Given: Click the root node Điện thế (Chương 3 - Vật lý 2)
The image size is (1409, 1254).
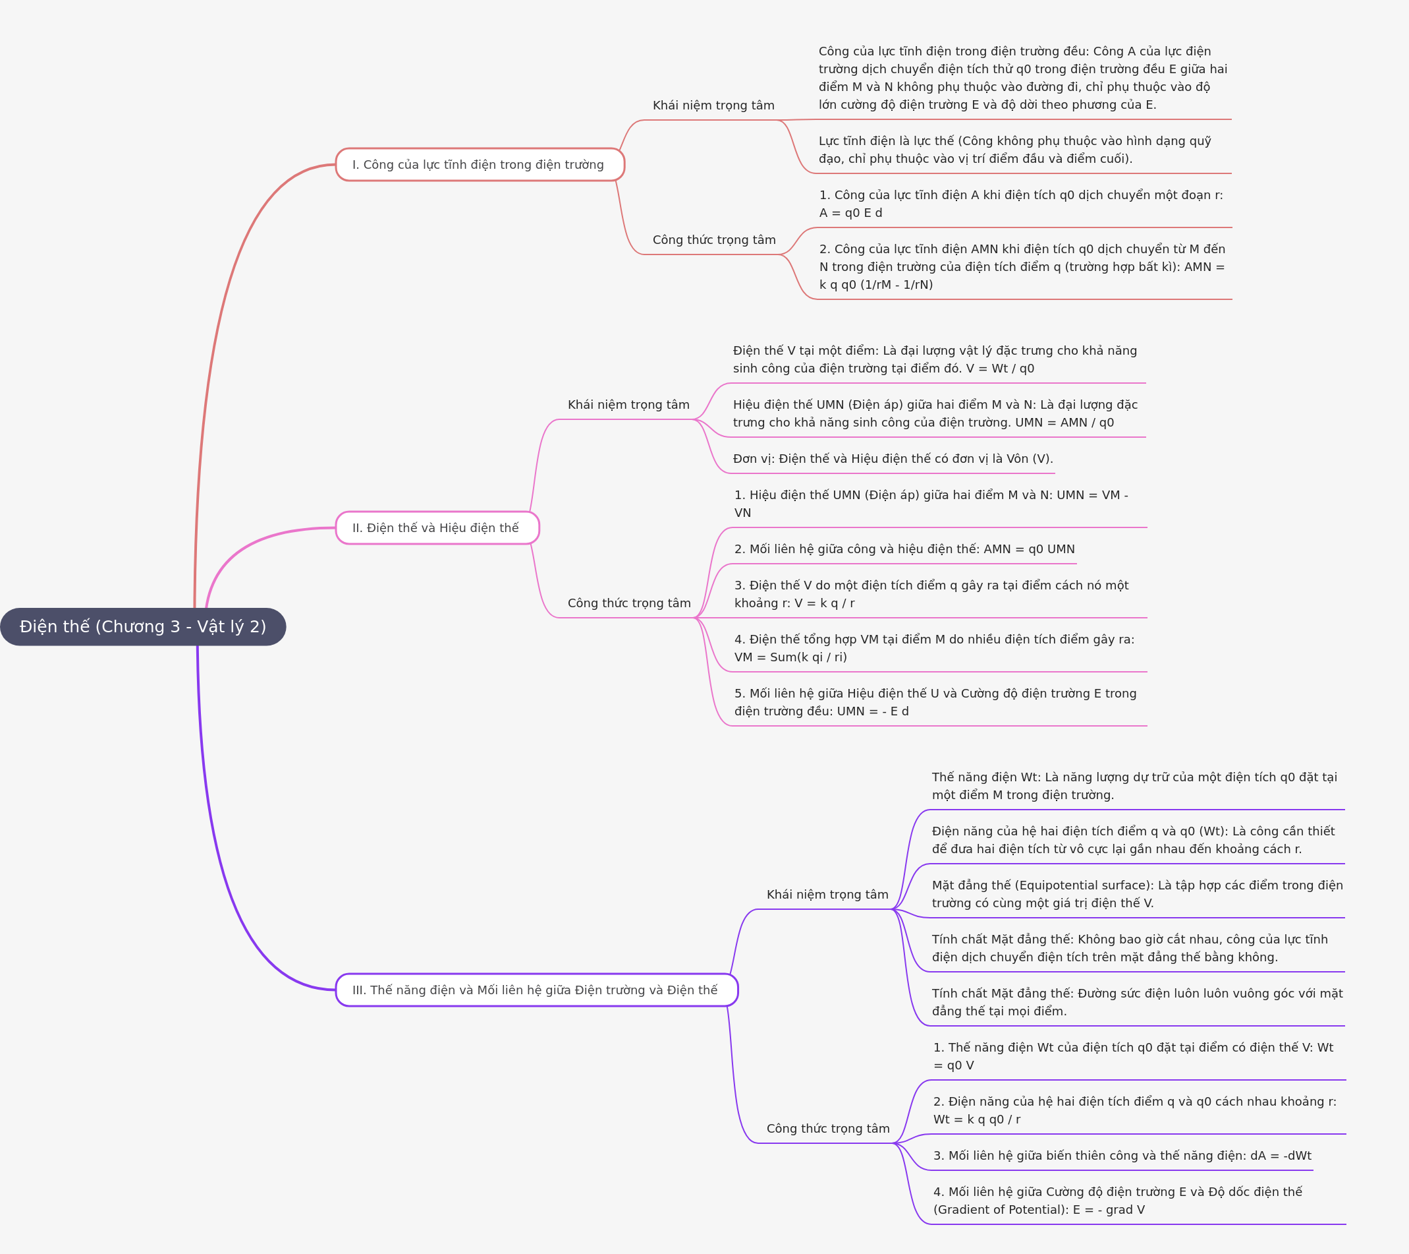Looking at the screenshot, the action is click(x=143, y=626).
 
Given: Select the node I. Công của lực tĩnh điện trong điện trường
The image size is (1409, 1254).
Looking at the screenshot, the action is click(x=480, y=165).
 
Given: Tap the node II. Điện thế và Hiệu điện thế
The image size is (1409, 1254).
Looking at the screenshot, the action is click(x=437, y=527).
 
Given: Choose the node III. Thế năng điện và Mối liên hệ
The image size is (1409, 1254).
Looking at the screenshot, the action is click(x=536, y=990).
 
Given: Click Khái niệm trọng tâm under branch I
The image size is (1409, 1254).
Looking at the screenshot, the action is click(x=713, y=105).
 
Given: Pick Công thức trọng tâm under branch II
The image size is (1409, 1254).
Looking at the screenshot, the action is click(x=628, y=603).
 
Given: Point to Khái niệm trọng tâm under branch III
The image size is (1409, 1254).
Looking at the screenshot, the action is click(x=827, y=895).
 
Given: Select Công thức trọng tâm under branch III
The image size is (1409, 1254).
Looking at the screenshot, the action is click(x=828, y=1129).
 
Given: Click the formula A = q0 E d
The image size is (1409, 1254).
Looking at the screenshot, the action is click(x=850, y=213).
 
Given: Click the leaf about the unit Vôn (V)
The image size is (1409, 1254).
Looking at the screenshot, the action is click(x=893, y=459).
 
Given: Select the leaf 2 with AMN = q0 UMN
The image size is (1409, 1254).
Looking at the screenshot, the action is click(x=904, y=549).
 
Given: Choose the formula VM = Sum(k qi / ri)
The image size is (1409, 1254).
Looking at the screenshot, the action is click(x=790, y=657).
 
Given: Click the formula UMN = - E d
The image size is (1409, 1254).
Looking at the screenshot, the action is click(x=873, y=711).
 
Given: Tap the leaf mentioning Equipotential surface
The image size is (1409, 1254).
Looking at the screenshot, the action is click(x=1138, y=894).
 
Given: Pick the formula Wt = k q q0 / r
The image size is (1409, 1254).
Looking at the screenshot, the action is click(x=977, y=1120).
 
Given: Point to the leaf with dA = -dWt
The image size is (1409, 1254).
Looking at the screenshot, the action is click(x=1122, y=1155).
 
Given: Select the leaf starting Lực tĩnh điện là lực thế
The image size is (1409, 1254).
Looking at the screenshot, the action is click(x=1014, y=150).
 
